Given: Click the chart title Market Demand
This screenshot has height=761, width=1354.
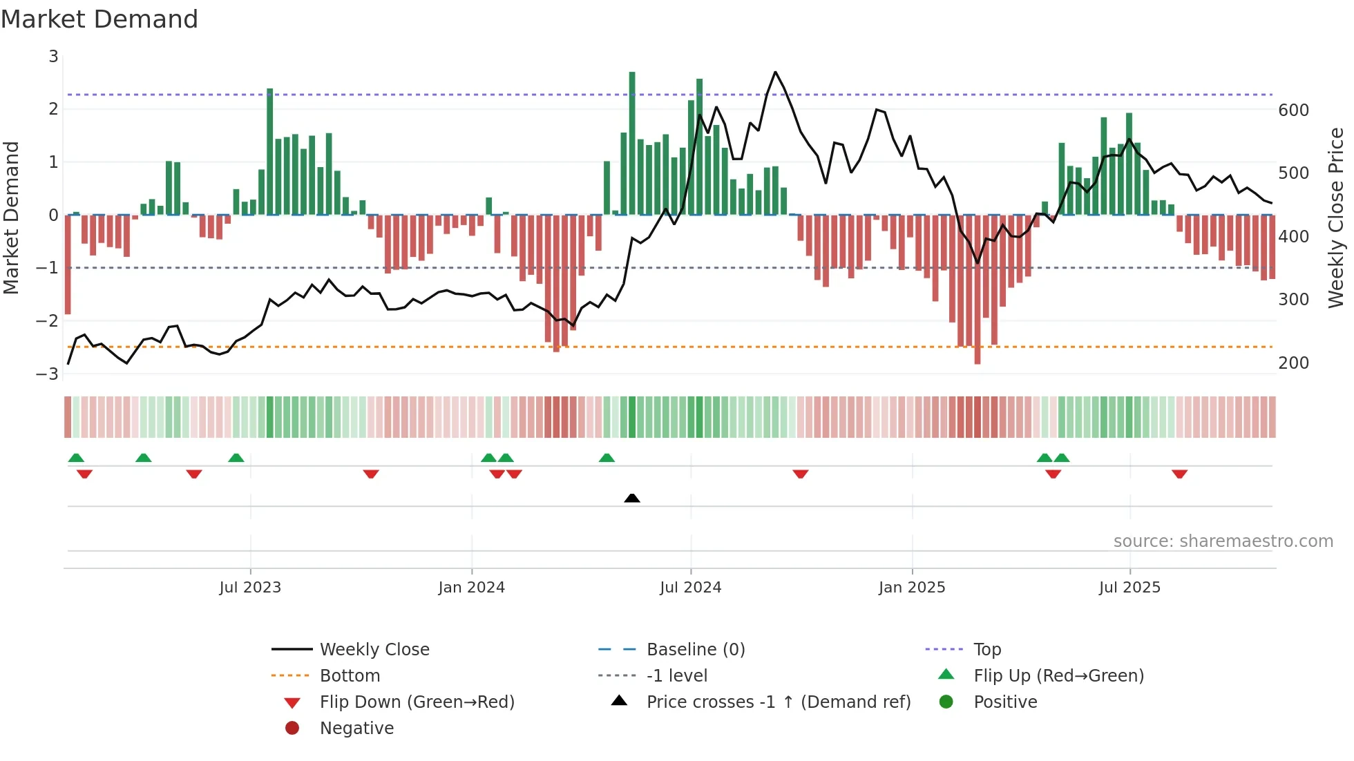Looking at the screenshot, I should tap(99, 19).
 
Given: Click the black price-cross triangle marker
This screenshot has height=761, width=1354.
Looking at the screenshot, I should tap(631, 498).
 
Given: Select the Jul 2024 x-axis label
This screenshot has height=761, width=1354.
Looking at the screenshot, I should tap(690, 588).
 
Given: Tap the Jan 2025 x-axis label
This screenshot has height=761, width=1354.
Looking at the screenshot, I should tap(911, 588).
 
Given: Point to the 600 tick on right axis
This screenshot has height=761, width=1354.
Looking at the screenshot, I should tap(1293, 110).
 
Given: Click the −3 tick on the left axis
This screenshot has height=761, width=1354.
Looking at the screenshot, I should tap(47, 374).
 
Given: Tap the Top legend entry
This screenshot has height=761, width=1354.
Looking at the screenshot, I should tap(986, 650).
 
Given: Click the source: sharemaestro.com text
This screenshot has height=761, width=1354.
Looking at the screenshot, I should tap(1223, 541).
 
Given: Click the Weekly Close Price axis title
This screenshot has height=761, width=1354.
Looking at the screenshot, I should tap(1336, 218).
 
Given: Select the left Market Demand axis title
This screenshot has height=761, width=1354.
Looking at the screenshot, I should tap(11, 218).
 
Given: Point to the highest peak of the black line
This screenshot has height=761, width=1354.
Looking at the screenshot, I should tap(775, 72).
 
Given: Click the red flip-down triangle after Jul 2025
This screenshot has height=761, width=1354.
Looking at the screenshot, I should tap(1179, 474).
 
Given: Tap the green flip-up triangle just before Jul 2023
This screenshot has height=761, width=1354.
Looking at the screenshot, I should tap(236, 458).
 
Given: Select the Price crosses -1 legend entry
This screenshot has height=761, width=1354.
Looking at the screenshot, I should tap(778, 702).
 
